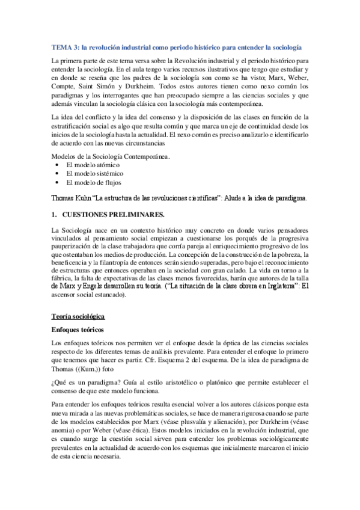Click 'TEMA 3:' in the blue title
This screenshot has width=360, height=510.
click(x=63, y=46)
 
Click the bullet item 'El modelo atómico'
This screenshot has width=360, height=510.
click(x=93, y=164)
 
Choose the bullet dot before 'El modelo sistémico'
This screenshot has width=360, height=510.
click(x=56, y=173)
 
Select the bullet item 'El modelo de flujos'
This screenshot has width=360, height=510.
click(x=94, y=182)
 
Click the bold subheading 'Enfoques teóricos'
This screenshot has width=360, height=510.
click(x=78, y=330)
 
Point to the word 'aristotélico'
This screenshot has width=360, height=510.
click(x=172, y=381)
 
